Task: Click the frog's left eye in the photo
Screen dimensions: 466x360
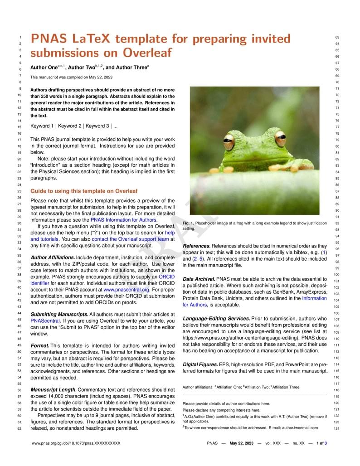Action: (229, 141)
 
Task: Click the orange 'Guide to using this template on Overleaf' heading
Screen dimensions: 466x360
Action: (83, 191)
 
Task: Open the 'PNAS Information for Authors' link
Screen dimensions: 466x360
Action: (123, 220)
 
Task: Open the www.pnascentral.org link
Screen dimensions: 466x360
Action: (126, 289)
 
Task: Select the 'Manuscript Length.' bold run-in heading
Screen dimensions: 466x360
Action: (53, 389)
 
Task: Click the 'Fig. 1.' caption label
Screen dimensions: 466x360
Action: (188, 223)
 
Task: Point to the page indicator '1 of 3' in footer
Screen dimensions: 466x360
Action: (321, 443)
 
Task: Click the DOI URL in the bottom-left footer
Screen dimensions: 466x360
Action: (76, 443)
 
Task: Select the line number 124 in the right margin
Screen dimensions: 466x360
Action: (336, 428)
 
